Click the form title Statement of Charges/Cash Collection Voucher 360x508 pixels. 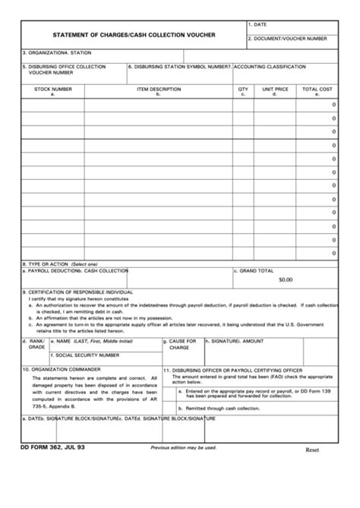(x=133, y=35)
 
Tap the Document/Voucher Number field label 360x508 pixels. (x=290, y=37)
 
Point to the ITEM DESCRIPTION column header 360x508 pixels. (x=159, y=89)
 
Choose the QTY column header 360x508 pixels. (x=243, y=89)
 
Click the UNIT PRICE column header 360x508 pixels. (x=275, y=89)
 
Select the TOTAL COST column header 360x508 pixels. (x=317, y=89)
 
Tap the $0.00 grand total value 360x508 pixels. (x=285, y=280)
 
